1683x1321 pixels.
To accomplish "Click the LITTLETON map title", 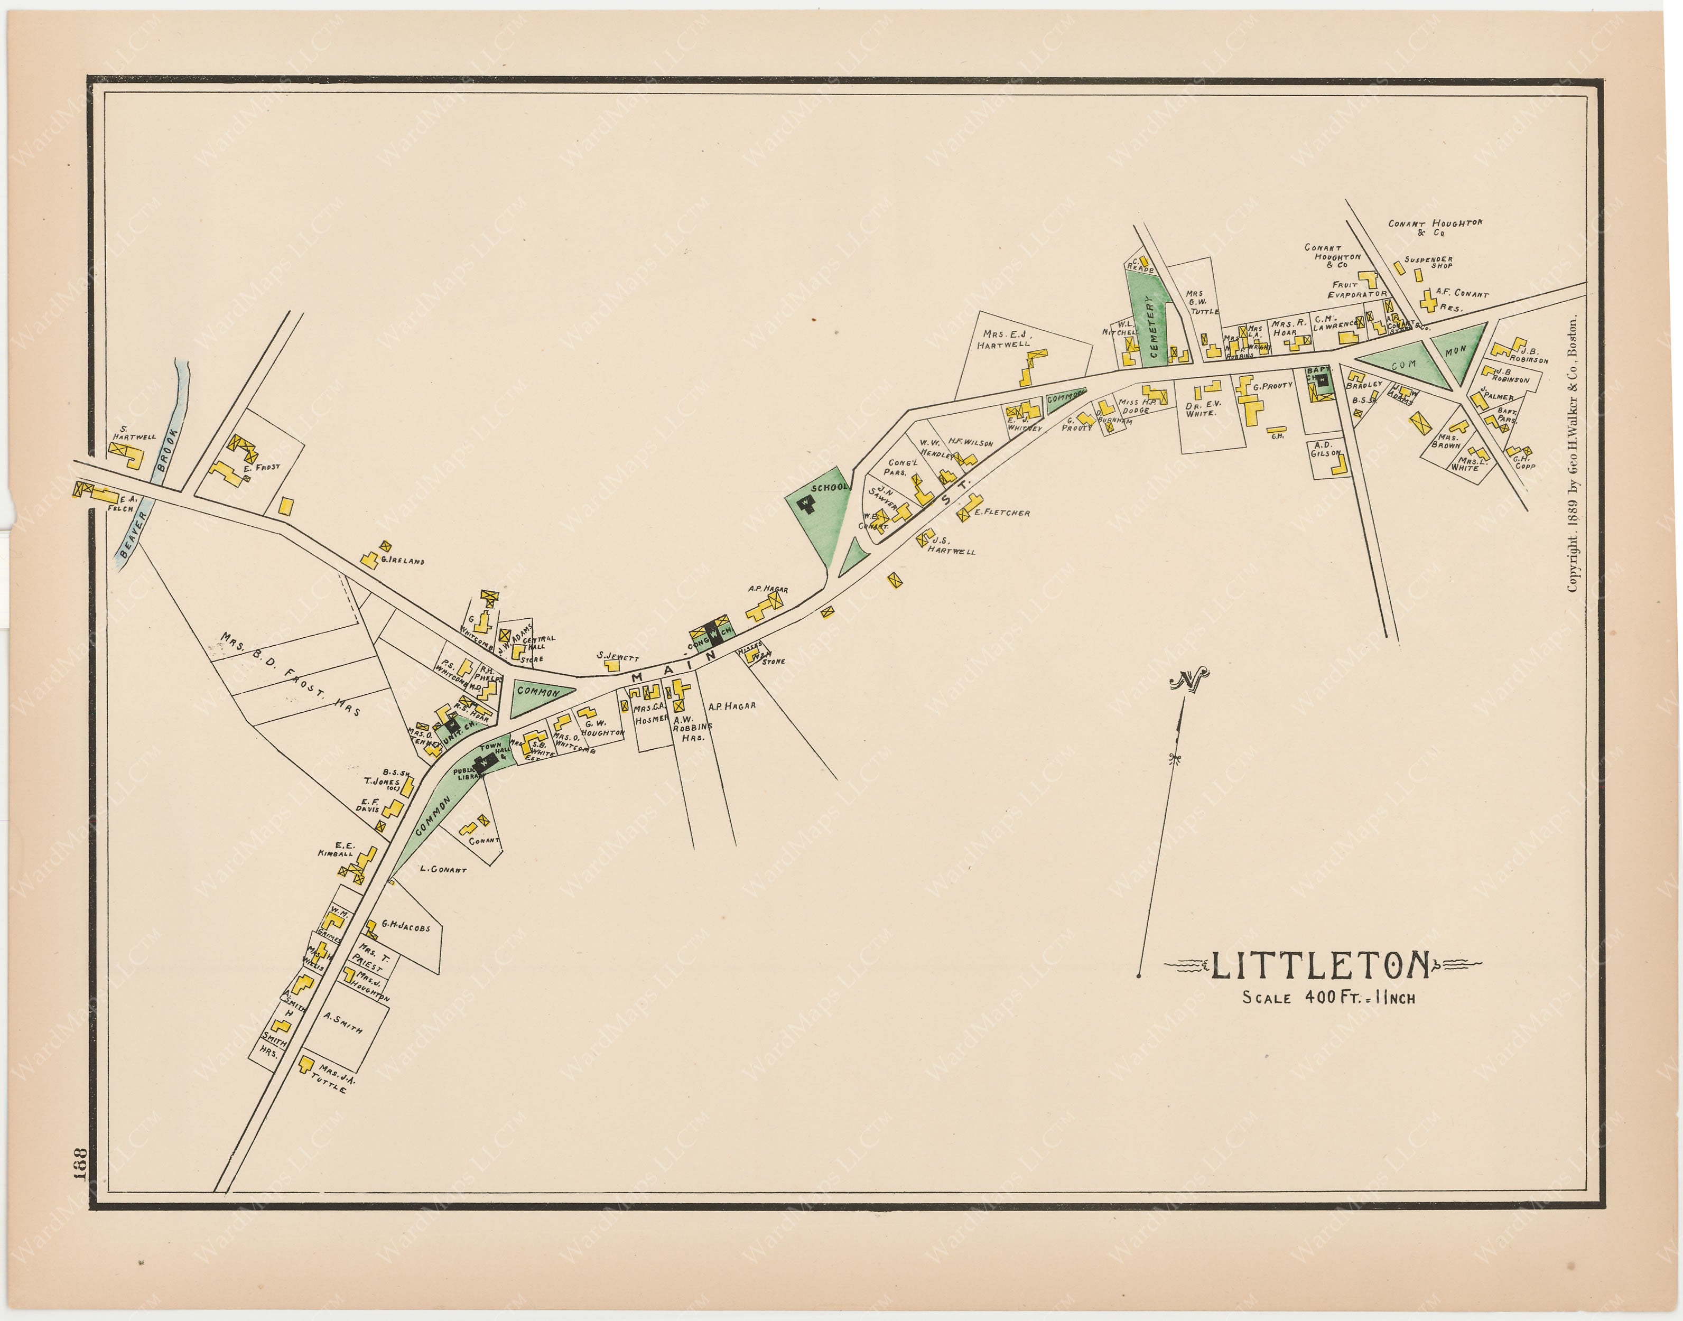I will coord(1319,964).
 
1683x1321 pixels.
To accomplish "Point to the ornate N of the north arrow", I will coord(1189,681).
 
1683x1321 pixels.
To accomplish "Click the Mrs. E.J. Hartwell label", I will coord(1006,339).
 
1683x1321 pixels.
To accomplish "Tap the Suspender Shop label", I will coord(1428,262).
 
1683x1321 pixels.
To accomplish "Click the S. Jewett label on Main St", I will coord(617,657).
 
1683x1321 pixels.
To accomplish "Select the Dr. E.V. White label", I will coord(1203,407).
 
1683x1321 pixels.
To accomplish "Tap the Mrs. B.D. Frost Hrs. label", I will coord(290,674).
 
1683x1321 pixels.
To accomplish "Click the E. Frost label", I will coord(262,467).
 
